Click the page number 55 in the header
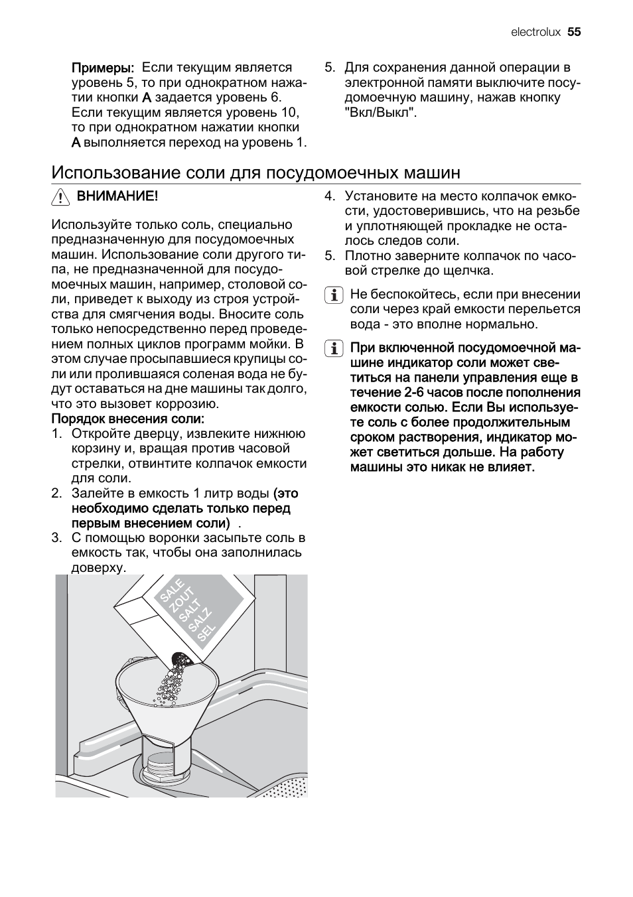tap(574, 32)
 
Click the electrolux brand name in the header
tap(535, 32)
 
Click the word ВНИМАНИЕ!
tap(117, 196)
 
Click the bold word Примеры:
tap(103, 68)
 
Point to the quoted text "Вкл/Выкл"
tap(380, 113)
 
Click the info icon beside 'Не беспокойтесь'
tap(334, 295)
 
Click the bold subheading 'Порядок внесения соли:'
tap(128, 419)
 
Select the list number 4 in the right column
tap(328, 196)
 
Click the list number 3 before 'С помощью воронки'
tap(56, 538)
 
